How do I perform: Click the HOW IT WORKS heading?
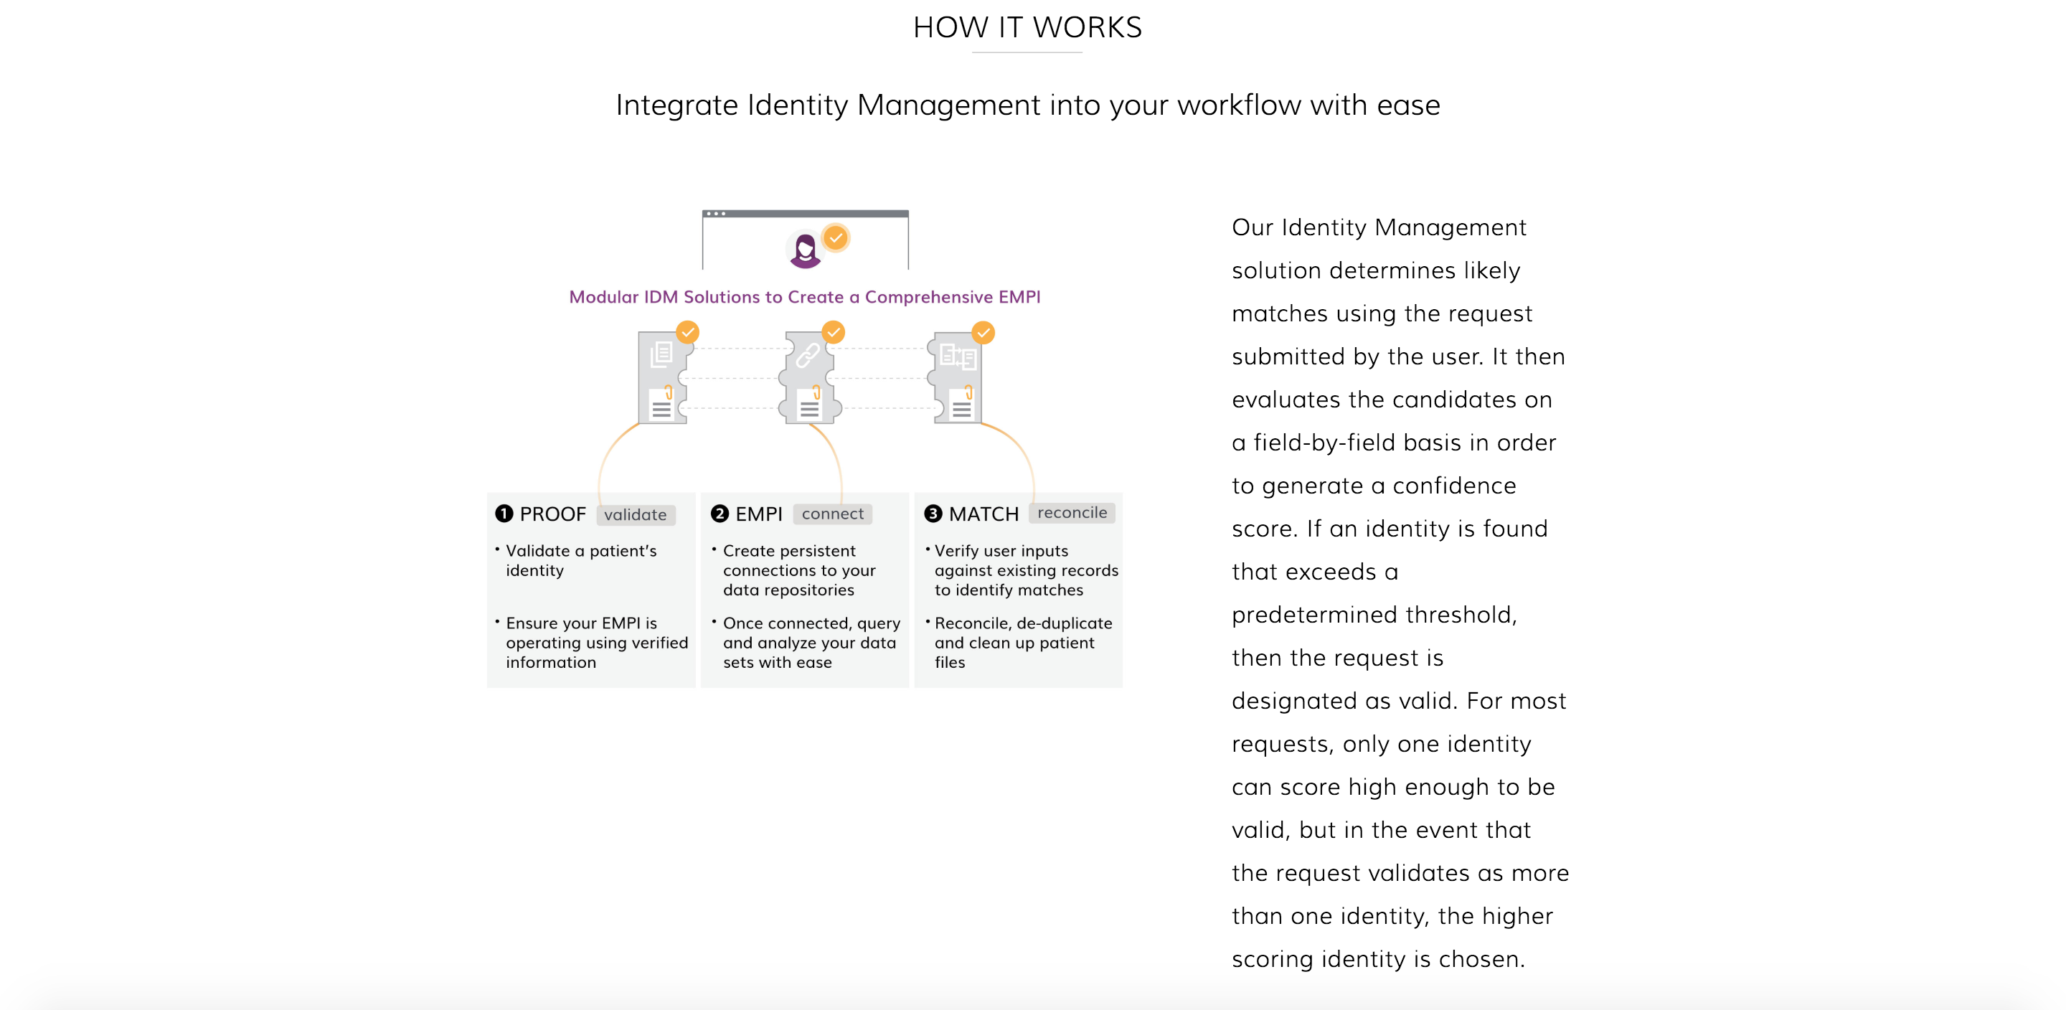pos(1027,27)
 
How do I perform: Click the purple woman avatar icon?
pos(805,250)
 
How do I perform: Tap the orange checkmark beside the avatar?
pos(836,237)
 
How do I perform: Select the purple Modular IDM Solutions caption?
pos(804,297)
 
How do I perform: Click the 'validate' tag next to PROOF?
pos(635,514)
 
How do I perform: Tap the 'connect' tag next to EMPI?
pos(832,514)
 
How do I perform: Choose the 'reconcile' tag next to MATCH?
pos(1072,513)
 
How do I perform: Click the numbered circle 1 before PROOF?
pos(504,514)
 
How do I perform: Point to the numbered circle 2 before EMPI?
pos(720,514)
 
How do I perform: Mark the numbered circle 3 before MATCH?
pos(933,514)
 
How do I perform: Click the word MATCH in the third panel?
pos(984,514)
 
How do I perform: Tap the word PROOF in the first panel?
pos(552,514)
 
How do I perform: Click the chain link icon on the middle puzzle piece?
pos(808,355)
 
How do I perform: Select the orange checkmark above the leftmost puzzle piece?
pos(687,332)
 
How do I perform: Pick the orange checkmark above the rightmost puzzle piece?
pos(984,332)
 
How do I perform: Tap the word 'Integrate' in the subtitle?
pos(676,105)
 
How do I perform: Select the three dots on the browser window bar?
pos(715,213)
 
